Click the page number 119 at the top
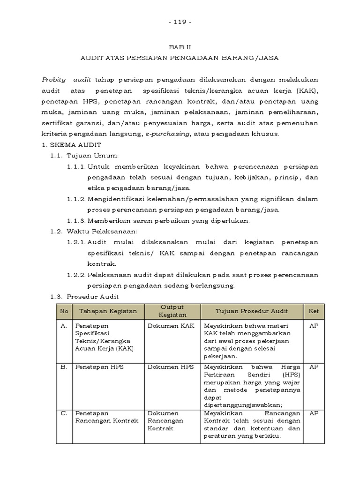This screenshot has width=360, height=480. [180, 22]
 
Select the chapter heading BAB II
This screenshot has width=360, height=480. [180, 47]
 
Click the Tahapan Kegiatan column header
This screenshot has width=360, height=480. [108, 311]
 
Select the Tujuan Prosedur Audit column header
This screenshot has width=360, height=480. [252, 311]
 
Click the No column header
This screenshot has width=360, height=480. [64, 311]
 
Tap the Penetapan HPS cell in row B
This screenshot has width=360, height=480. [99, 367]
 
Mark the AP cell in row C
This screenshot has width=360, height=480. [314, 413]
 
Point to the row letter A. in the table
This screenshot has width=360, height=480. [64, 325]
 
